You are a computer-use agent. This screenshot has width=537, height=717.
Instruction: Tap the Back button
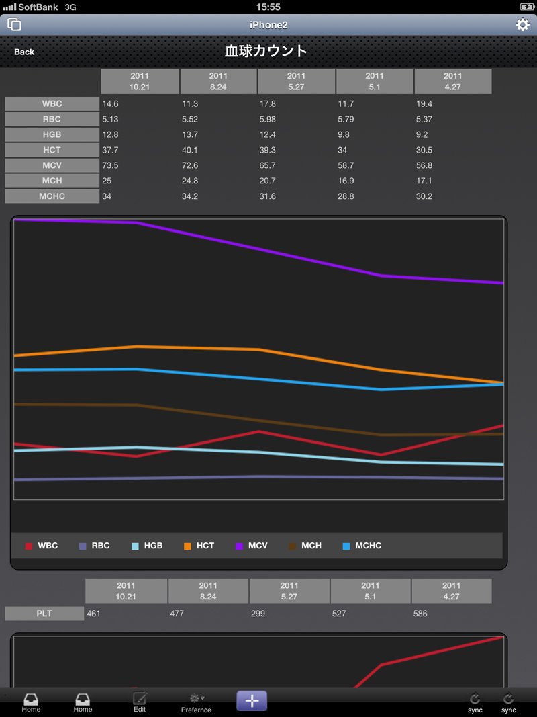click(x=24, y=52)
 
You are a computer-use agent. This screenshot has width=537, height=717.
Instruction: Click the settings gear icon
click(x=522, y=24)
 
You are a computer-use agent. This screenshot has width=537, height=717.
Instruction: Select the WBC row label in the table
click(x=52, y=103)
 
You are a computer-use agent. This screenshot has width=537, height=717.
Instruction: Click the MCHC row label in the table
click(x=52, y=196)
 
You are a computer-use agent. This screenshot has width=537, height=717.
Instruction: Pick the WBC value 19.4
click(x=424, y=103)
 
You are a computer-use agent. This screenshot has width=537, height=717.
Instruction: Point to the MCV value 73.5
click(x=110, y=165)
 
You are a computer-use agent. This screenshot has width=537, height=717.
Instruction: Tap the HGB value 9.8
click(x=344, y=134)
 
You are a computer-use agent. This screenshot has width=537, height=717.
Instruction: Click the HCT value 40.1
click(x=190, y=150)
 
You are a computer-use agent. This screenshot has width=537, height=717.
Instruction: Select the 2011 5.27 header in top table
click(x=296, y=81)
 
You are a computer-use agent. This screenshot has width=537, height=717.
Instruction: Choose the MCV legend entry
click(x=252, y=546)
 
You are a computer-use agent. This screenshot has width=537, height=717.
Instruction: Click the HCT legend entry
click(x=199, y=546)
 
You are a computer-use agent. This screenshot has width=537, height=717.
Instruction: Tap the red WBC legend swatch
click(x=29, y=546)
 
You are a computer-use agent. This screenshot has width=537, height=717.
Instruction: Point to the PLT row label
click(x=44, y=614)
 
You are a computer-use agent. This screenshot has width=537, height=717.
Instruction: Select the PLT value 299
click(x=258, y=614)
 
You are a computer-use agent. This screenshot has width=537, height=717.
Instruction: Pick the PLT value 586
click(x=420, y=614)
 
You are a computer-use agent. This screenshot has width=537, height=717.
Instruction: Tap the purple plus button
click(x=252, y=701)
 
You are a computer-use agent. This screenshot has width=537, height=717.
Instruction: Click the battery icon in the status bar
click(x=526, y=7)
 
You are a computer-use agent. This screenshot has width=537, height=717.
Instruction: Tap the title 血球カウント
click(x=266, y=51)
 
